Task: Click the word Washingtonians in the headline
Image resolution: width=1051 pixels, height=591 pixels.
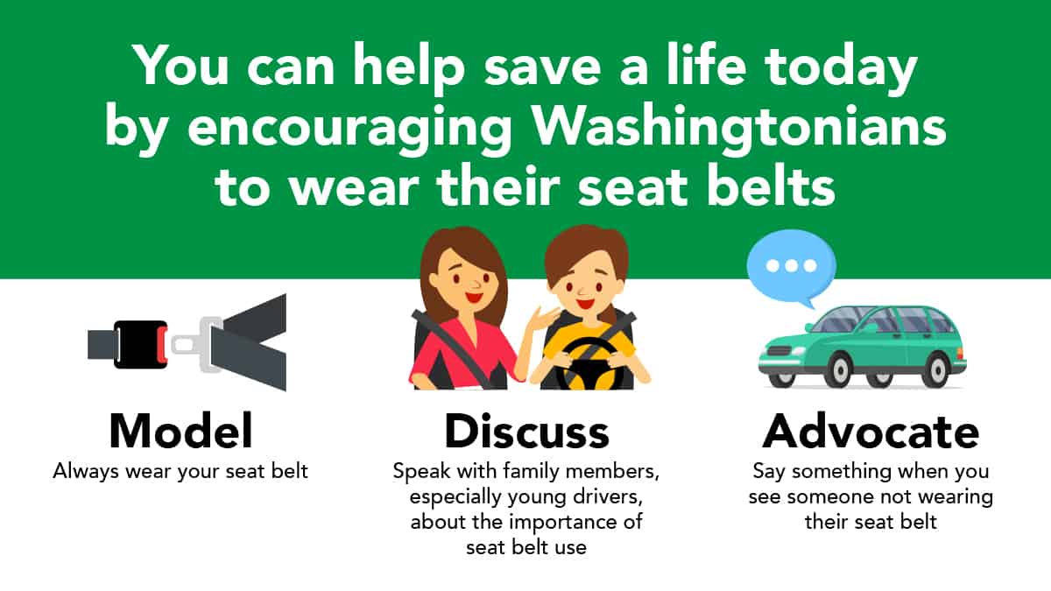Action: [740, 128]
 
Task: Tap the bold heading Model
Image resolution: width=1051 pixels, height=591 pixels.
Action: [181, 432]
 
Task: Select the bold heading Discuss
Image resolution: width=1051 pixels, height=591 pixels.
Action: [526, 432]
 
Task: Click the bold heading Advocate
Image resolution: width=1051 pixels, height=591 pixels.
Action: [871, 432]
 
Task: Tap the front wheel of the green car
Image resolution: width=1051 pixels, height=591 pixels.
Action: [840, 370]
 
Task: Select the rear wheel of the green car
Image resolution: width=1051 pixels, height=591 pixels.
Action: [938, 370]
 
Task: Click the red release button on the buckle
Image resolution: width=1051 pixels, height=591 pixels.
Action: [162, 345]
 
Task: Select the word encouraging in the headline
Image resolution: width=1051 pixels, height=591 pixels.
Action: [349, 128]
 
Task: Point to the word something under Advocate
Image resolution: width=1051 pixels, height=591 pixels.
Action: [842, 471]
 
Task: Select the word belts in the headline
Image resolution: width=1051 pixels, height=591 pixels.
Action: [771, 186]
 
